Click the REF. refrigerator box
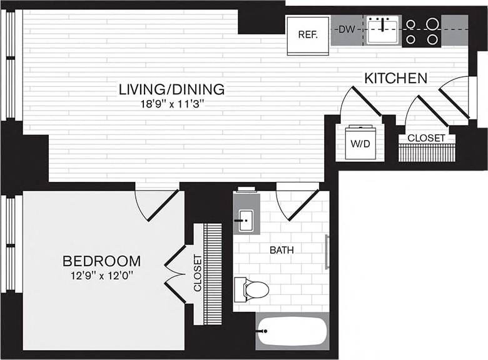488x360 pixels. click(x=308, y=35)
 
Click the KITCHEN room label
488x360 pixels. click(x=395, y=79)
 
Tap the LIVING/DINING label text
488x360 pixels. click(x=171, y=89)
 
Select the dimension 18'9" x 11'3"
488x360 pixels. click(x=171, y=104)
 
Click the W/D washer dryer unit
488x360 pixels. click(x=360, y=144)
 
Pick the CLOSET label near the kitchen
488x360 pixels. click(x=426, y=137)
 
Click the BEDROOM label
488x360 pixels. click(x=101, y=261)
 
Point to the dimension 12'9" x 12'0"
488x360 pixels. click(x=101, y=275)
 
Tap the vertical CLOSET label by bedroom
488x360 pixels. click(x=198, y=273)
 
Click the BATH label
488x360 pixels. click(x=282, y=250)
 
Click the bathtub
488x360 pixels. click(x=292, y=331)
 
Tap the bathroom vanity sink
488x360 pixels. click(x=246, y=219)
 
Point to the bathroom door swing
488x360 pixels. click(x=298, y=203)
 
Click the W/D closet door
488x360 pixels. click(x=362, y=105)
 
